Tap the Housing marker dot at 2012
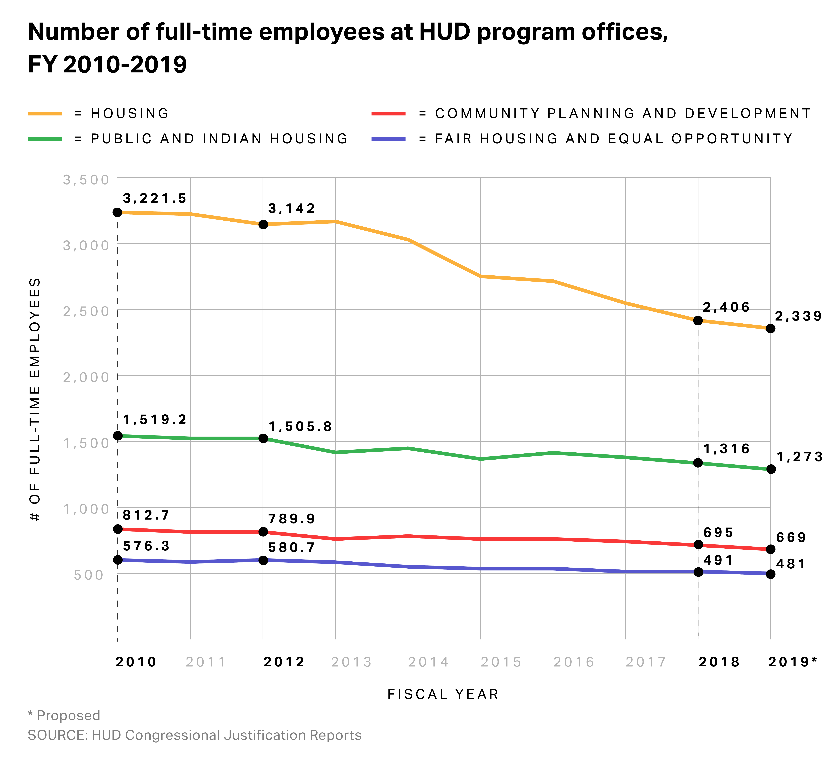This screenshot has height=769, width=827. click(x=263, y=225)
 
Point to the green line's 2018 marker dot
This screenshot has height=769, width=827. click(x=698, y=463)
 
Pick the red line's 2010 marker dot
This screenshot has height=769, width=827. click(x=118, y=529)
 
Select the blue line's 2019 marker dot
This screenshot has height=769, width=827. click(x=770, y=574)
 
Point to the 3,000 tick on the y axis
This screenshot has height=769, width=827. click(x=86, y=245)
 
